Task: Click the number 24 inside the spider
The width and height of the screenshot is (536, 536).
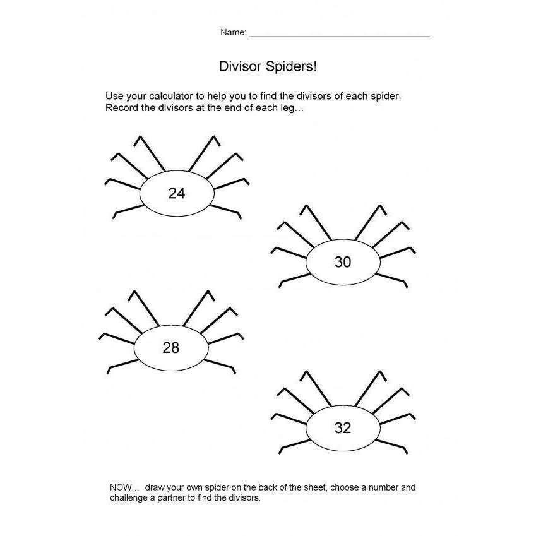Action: (x=177, y=194)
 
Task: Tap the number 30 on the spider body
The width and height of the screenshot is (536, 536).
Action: (x=343, y=261)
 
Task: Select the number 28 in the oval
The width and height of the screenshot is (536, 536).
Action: (x=171, y=347)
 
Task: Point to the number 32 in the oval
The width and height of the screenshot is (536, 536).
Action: (x=343, y=428)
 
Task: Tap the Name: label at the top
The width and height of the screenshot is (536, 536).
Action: (x=233, y=33)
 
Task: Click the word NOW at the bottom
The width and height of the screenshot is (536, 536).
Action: (x=119, y=487)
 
